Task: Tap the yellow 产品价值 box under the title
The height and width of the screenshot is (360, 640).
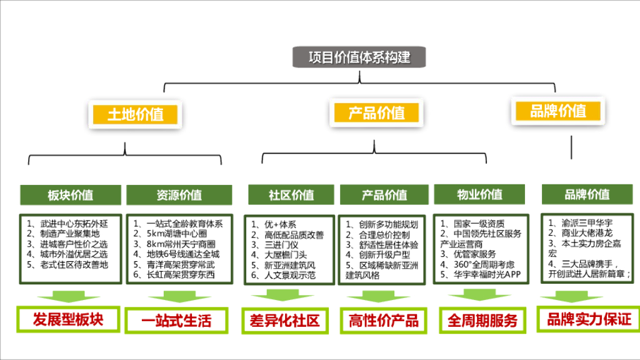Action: coord(377,112)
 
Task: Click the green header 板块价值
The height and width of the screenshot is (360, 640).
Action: coord(70,195)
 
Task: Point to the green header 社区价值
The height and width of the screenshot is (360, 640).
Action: coord(291,195)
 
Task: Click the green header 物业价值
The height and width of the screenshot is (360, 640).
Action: coord(479,194)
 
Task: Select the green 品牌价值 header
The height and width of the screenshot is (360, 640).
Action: coord(587,194)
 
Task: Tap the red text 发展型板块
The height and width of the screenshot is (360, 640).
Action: coord(67,319)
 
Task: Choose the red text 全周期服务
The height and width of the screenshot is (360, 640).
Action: coord(482,321)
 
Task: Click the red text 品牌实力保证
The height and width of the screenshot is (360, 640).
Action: coord(589,319)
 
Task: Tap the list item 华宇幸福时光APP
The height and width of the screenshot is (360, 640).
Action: coord(482,274)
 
